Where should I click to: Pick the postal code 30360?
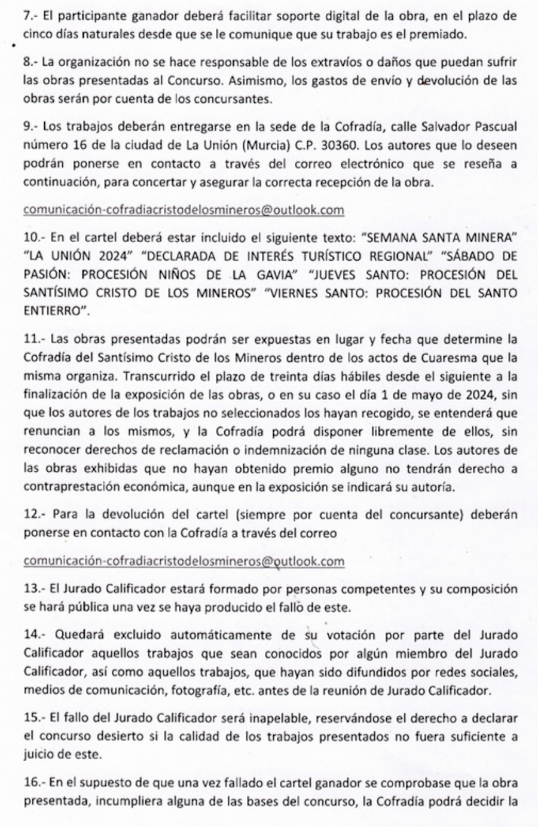[339, 145]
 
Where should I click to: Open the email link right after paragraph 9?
[184, 210]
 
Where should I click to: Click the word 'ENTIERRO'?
[53, 312]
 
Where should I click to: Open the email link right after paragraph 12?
[184, 561]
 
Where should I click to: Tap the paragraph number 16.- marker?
[35, 783]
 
